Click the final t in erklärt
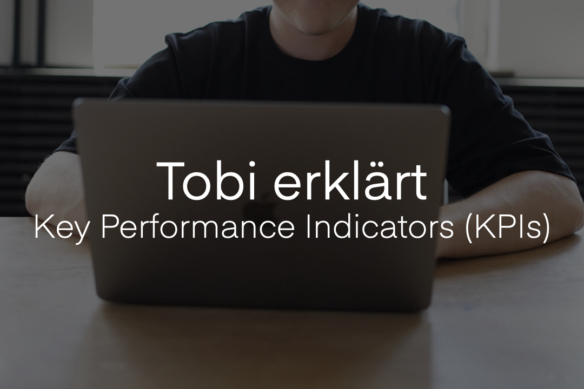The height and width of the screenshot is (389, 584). click(420, 183)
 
